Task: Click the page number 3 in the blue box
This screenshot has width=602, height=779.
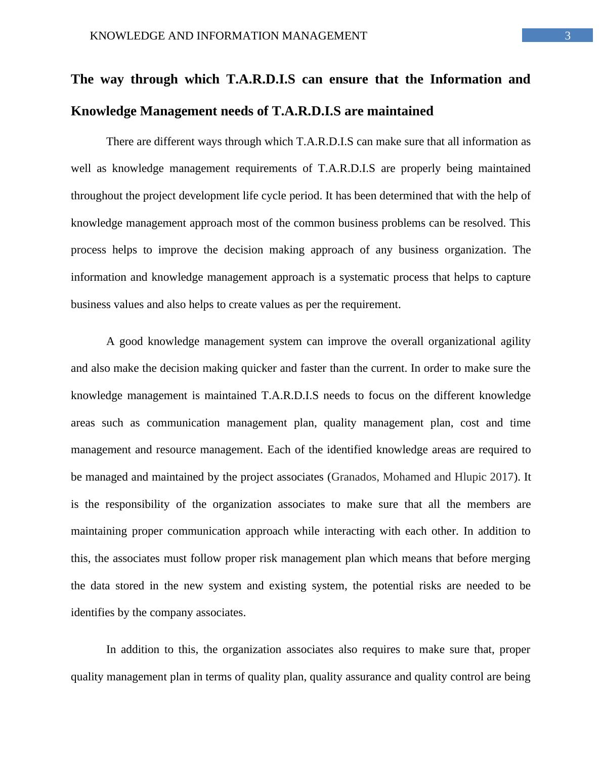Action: coord(568,36)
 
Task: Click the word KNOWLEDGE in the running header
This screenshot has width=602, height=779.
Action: coord(119,36)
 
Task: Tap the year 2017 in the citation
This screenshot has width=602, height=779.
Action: coord(501,477)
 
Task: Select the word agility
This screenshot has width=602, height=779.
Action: coord(515,341)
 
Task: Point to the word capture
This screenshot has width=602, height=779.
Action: coord(512,277)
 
